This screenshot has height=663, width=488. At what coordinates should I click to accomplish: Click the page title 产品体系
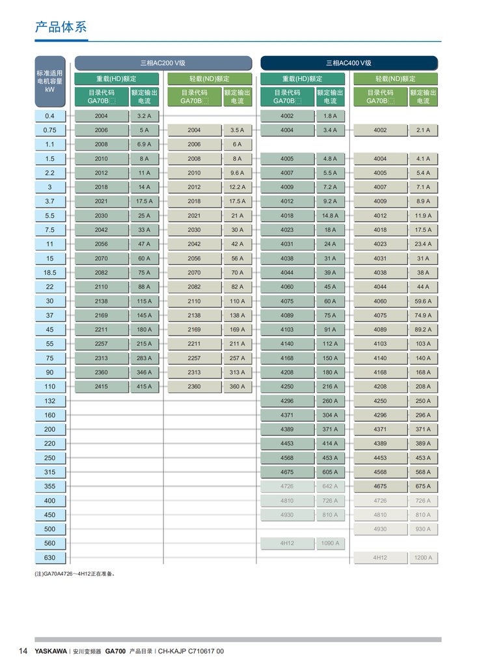coord(61,27)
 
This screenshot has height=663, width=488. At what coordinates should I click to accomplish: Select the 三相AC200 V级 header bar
coord(163,63)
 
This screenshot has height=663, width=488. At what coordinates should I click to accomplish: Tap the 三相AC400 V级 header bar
coord(349,63)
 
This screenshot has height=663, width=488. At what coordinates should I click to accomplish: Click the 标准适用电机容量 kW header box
coord(50,81)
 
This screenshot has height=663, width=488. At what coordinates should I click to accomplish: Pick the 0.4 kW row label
coord(50,116)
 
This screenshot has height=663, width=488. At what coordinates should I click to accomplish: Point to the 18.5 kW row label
coord(50,273)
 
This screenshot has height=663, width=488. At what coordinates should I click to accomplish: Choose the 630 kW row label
coord(50,557)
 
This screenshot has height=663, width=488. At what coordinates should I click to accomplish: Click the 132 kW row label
coord(50,401)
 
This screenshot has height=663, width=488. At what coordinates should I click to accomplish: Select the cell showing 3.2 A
coord(144,116)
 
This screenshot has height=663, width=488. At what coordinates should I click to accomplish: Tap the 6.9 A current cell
coord(144,145)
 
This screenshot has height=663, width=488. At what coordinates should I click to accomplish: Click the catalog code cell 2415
coord(102,387)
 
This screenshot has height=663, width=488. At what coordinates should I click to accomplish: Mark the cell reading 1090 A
coord(330,543)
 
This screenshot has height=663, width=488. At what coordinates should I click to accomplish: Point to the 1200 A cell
coord(423,557)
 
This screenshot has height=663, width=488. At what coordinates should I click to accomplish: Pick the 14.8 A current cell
coord(330,216)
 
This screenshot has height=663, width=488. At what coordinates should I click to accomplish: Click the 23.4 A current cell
coord(423,244)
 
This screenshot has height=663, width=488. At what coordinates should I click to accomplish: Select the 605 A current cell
coord(330,472)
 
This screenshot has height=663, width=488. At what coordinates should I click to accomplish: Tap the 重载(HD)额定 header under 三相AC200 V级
coord(116,79)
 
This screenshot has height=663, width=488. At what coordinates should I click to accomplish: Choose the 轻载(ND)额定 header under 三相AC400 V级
coord(395,79)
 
